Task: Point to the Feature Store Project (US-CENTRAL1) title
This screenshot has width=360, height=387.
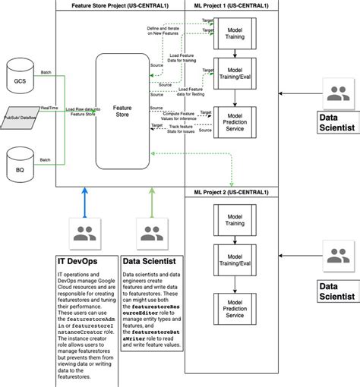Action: pyautogui.click(x=121, y=5)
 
